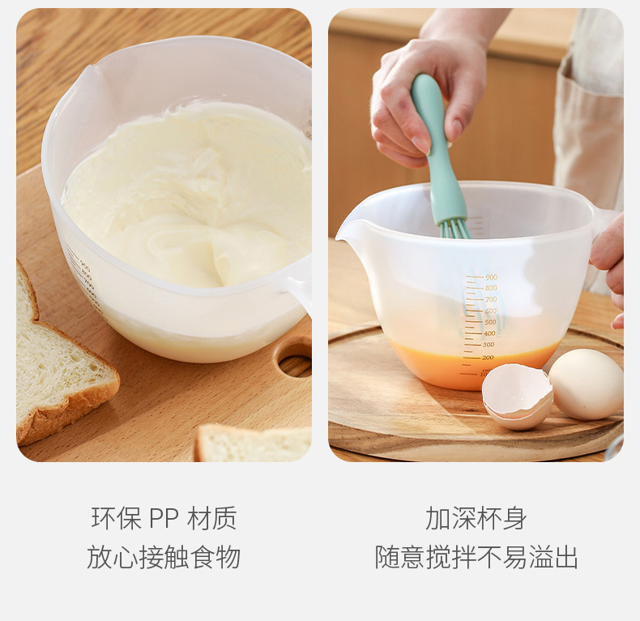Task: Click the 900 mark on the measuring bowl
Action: (x=491, y=277)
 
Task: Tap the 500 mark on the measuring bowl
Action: (x=490, y=322)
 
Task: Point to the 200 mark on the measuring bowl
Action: (x=488, y=357)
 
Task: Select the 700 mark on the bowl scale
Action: (x=491, y=299)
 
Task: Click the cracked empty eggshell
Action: (x=518, y=396)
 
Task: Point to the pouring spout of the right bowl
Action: (x=346, y=230)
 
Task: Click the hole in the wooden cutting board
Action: (x=294, y=357)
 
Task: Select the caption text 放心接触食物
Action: (x=164, y=557)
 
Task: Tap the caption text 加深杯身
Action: (x=476, y=518)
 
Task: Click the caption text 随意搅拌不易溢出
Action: (x=476, y=557)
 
